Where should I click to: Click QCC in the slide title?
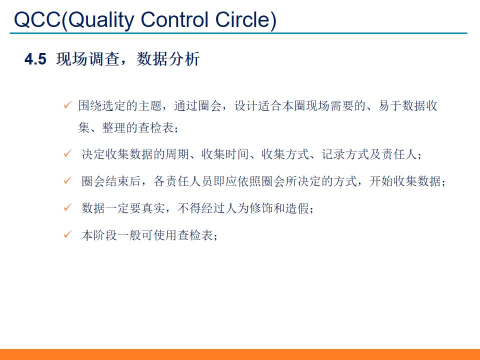pos(37,20)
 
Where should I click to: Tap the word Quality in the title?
pos(100,20)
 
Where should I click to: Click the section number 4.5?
pos(35,59)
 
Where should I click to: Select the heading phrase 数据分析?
pos(168,59)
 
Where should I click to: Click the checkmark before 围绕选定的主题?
pos(67,105)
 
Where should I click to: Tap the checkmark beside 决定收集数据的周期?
pos(67,154)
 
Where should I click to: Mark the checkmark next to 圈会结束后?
pos(67,181)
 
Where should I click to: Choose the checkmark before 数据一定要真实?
pos(67,208)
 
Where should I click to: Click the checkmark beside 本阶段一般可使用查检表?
pos(67,235)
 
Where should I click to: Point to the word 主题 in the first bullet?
pos(150,106)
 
